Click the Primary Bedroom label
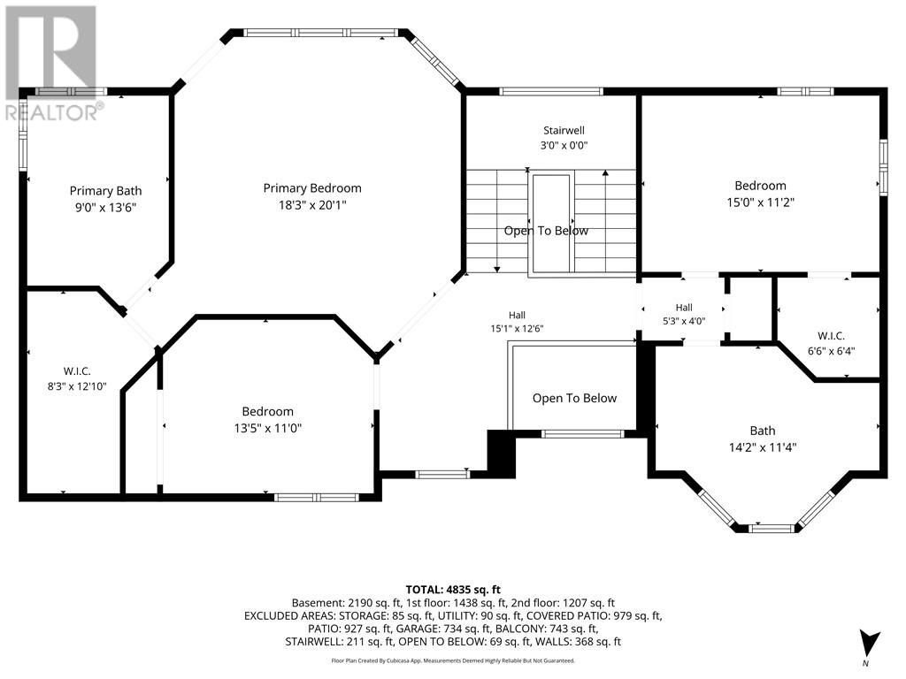tap(312, 188)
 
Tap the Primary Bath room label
tap(106, 191)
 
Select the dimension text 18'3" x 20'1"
tap(312, 205)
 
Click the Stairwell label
tap(564, 131)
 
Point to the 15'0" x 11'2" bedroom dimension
tap(760, 202)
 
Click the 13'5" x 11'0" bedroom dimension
tap(267, 429)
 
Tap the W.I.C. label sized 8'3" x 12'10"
tap(77, 371)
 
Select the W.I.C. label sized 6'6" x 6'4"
tap(831, 335)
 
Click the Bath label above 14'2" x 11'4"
tap(763, 431)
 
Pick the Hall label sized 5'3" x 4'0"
tap(684, 308)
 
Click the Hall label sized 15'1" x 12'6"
tap(517, 315)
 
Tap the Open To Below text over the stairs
tap(546, 231)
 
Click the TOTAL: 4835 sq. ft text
tap(453, 590)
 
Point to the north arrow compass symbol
tap(869, 645)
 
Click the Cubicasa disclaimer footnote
tap(453, 660)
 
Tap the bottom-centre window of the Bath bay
tap(772, 528)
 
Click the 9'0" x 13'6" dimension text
tap(106, 208)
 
